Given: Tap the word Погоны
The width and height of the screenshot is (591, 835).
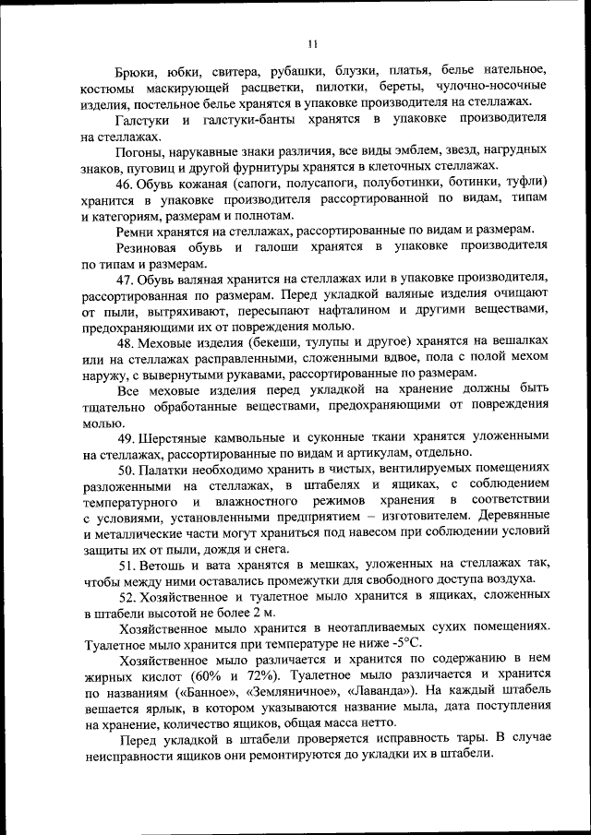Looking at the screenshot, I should click(x=139, y=152).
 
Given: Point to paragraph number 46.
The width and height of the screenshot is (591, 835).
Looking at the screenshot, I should click(x=127, y=184).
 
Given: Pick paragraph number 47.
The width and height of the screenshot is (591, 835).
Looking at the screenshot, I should click(x=127, y=280).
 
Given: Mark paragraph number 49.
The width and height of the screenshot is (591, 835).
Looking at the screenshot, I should click(x=127, y=437).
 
